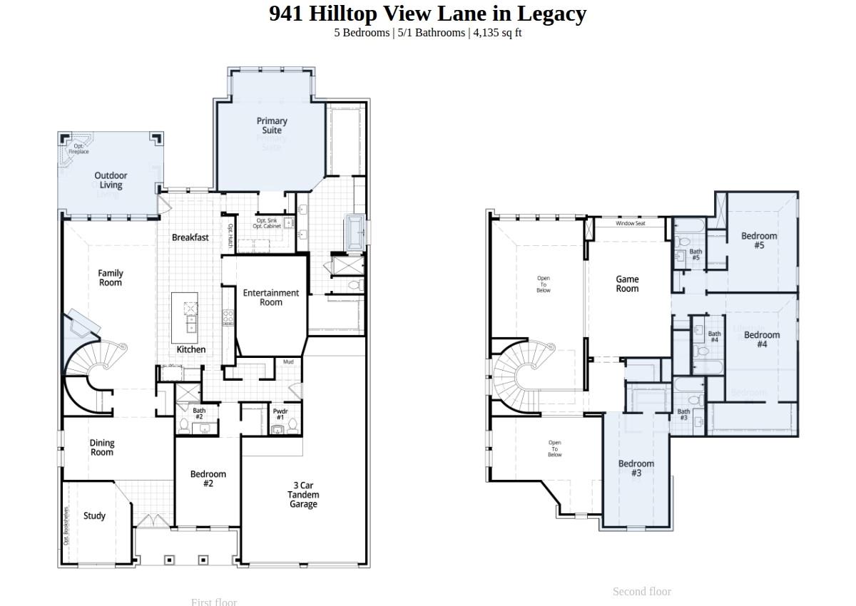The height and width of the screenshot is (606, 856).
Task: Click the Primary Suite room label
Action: (x=272, y=125)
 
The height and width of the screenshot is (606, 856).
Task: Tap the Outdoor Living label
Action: (x=111, y=180)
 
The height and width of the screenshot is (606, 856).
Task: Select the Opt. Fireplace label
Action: (x=78, y=148)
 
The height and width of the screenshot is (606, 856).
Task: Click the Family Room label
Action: (x=111, y=277)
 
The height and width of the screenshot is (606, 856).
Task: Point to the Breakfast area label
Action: (x=190, y=237)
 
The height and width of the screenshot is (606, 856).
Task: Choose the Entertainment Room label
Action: (x=271, y=297)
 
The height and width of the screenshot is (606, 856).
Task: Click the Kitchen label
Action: (x=191, y=349)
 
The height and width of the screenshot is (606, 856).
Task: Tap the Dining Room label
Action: (x=102, y=448)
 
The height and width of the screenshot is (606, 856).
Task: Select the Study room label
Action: (x=94, y=515)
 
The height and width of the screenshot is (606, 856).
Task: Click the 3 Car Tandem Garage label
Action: (x=303, y=495)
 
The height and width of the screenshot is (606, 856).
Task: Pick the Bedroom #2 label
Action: (x=208, y=478)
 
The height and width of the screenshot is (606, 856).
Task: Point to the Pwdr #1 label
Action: (x=280, y=414)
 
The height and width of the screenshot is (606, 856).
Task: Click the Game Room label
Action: (x=627, y=284)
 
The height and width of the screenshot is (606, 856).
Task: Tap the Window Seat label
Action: (x=630, y=223)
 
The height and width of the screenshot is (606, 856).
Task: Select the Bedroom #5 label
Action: (x=759, y=240)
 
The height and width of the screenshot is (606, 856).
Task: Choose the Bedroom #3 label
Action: (x=636, y=468)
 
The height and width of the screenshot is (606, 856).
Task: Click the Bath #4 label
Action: (x=714, y=337)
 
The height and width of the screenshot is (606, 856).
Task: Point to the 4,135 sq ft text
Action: (x=497, y=33)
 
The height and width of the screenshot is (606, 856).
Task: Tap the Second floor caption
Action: (x=641, y=591)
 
